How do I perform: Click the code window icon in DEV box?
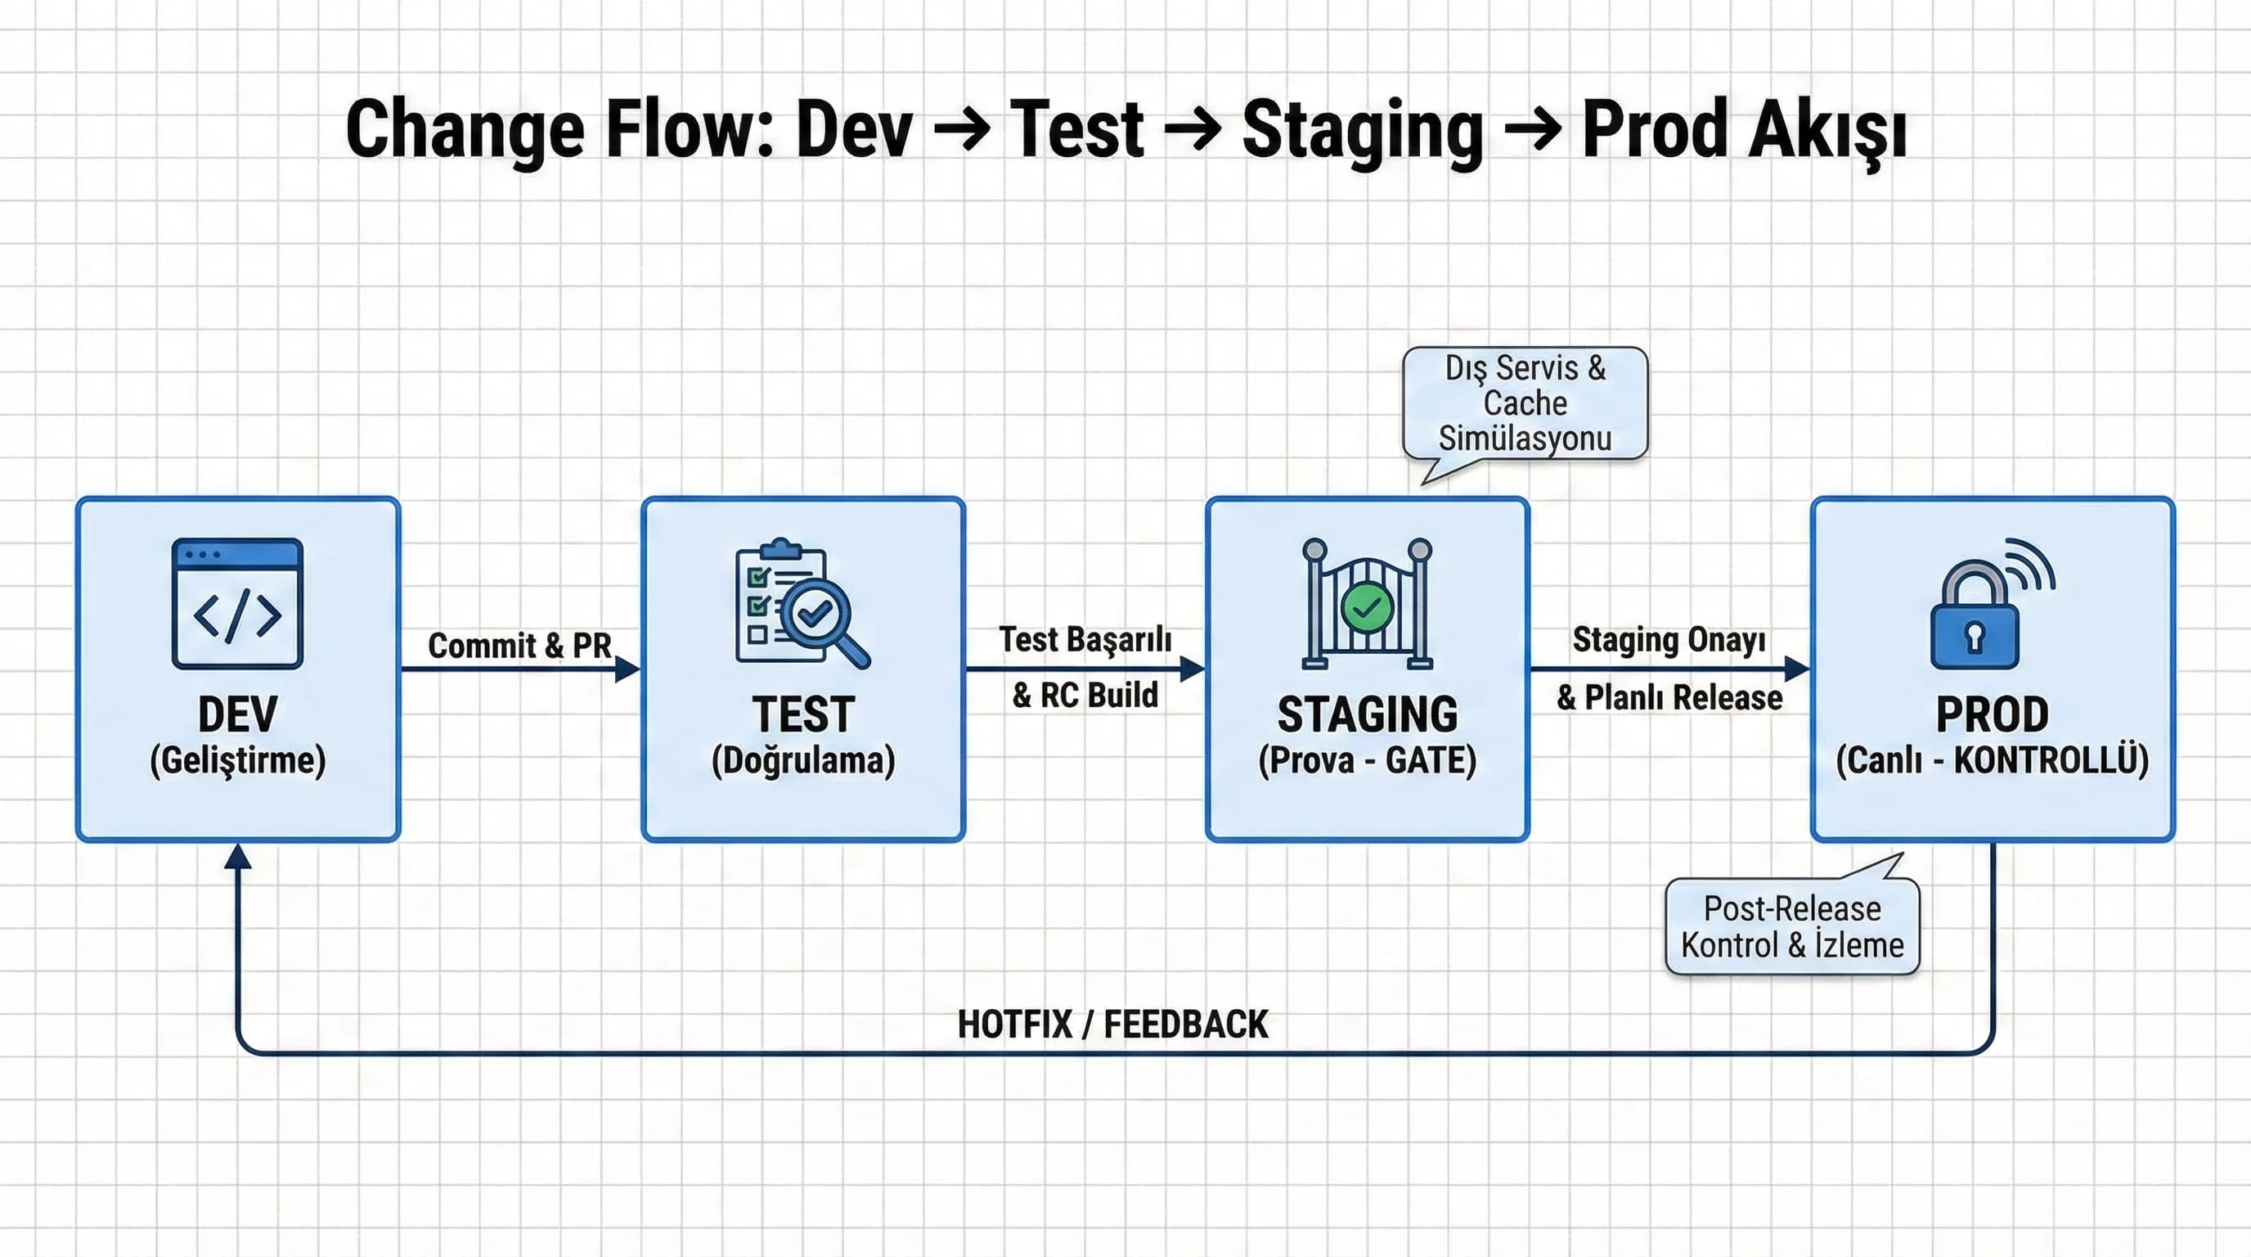tap(238, 603)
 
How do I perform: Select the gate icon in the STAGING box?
tap(1367, 603)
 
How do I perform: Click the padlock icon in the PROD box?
tap(1992, 603)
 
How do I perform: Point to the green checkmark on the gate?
tap(1367, 606)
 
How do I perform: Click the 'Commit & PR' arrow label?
tap(520, 645)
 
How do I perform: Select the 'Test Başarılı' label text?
tap(1085, 639)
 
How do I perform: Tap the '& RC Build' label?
tap(1085, 695)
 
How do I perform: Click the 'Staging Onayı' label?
tap(1669, 640)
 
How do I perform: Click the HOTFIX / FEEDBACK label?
tap(1112, 1025)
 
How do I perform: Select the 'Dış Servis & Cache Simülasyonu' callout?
tap(1525, 403)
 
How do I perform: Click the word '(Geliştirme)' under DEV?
tap(238, 760)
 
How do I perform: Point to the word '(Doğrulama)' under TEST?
tap(803, 760)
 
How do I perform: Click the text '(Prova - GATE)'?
tap(1368, 760)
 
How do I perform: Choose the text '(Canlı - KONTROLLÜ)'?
tap(1993, 760)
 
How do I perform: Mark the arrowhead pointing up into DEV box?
tap(238, 856)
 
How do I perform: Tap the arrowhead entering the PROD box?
tap(1798, 669)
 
